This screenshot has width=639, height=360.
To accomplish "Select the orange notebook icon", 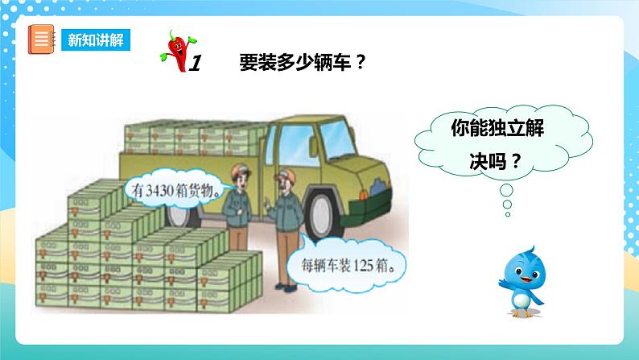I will pos(39,39).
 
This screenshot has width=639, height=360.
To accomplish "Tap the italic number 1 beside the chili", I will pos(193,62).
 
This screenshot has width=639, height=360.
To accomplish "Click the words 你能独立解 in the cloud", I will pos(492,130).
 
